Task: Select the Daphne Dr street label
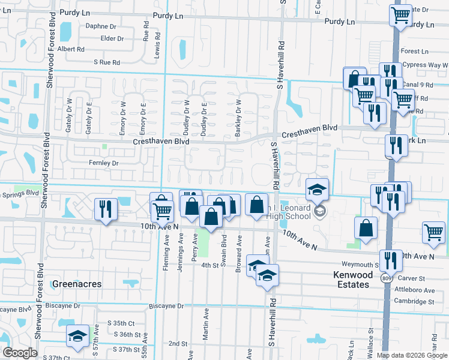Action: [101, 26]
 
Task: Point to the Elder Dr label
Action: [112, 38]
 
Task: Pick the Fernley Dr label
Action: [104, 163]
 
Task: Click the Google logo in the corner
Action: [20, 353]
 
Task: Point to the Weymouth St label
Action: [358, 265]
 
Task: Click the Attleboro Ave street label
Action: [421, 290]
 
